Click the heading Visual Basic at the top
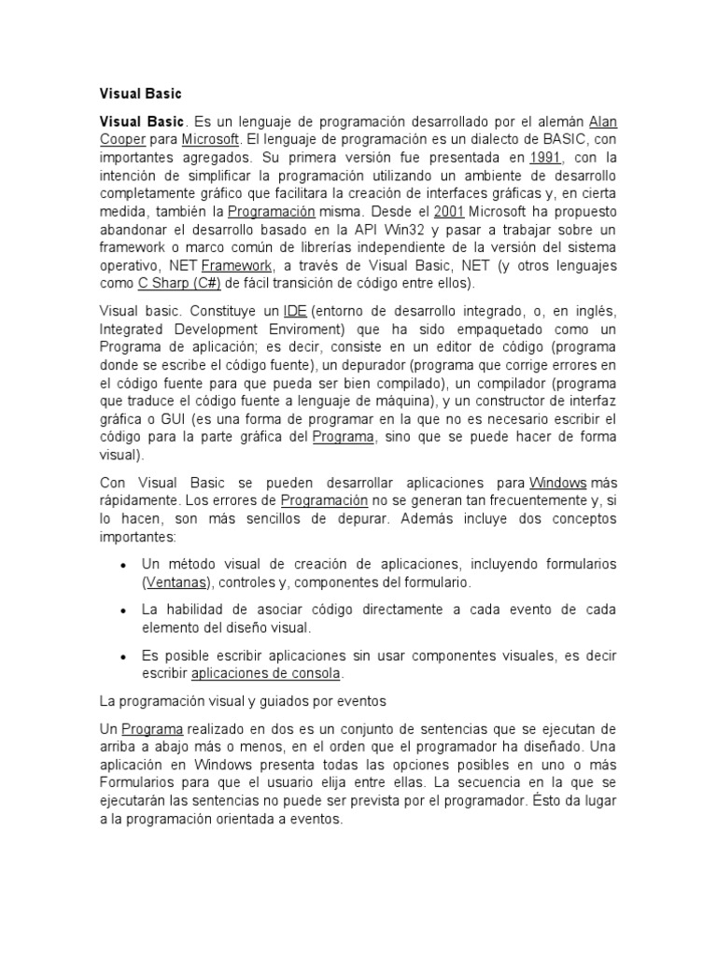[x=140, y=93]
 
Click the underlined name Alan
[x=603, y=122]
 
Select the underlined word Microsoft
[x=211, y=140]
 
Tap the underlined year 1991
[x=544, y=158]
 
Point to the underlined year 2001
[x=450, y=211]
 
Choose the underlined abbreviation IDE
[x=296, y=311]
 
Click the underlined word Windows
[x=558, y=483]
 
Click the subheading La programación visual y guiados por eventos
[x=242, y=700]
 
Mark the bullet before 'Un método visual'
[x=124, y=566]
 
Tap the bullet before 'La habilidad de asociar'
[x=124, y=611]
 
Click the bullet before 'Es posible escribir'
[x=124, y=656]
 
